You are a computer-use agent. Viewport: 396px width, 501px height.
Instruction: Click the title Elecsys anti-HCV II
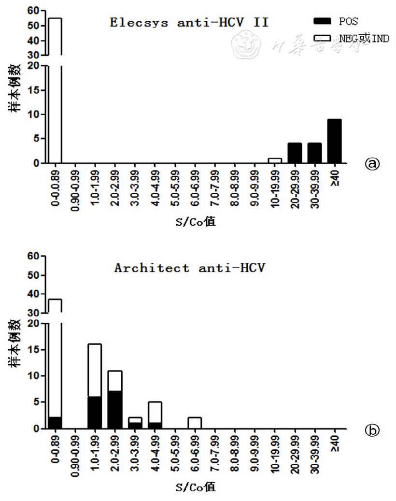pos(189,22)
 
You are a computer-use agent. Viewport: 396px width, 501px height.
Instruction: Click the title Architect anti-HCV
pos(189,268)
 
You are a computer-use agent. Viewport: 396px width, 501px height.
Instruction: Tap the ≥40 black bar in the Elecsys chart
pos(334,141)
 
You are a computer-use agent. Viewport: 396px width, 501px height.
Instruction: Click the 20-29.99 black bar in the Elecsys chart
pos(295,153)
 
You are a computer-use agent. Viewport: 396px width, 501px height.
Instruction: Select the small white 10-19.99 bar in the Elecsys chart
pos(275,160)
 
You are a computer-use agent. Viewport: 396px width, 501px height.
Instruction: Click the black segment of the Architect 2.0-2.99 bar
pos(114,410)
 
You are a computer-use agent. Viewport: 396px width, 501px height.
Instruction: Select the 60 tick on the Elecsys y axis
pos(33,10)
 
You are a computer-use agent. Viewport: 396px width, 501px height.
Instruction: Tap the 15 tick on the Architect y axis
pos(33,349)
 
